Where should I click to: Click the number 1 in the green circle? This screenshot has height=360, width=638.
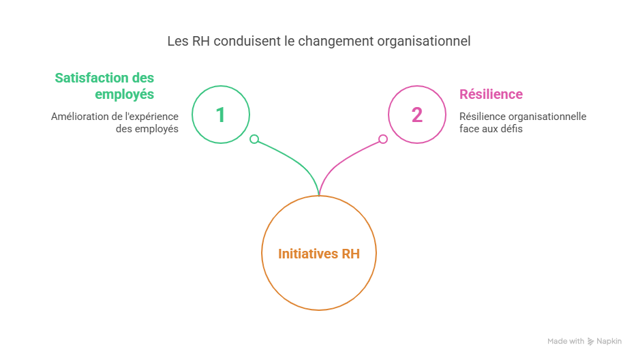pos(221,115)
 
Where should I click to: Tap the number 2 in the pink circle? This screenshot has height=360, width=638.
pos(416,115)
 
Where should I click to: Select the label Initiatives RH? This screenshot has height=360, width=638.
pos(319,254)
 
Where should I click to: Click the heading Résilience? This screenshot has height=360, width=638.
pos(491,94)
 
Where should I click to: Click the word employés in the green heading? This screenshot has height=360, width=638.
pos(124,94)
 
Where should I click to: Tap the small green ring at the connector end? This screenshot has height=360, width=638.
pos(254,139)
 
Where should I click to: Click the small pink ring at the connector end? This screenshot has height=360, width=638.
pos(383,139)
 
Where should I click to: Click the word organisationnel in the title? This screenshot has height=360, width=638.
pos(425,42)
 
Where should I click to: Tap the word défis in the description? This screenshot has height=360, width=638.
pos(512,129)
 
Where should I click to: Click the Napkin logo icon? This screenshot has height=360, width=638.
pos(590,342)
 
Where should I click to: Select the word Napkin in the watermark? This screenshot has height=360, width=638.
pos(609,342)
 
